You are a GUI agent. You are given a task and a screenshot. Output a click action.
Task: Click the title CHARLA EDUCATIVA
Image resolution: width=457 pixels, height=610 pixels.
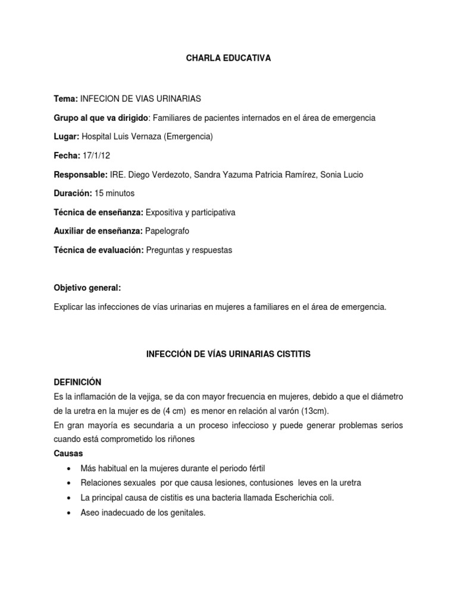(x=228, y=58)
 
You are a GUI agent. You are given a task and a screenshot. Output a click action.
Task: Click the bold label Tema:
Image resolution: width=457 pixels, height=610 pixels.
(x=65, y=98)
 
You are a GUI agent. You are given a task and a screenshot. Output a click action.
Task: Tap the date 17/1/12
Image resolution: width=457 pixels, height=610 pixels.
(x=94, y=155)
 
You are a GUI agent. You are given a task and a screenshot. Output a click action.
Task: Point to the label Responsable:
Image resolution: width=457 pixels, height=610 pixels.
(x=81, y=175)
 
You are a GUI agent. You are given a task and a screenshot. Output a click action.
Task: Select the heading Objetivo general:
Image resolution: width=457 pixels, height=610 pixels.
(x=87, y=288)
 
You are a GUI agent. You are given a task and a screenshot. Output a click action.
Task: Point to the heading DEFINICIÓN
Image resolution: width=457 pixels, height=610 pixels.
(x=77, y=382)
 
